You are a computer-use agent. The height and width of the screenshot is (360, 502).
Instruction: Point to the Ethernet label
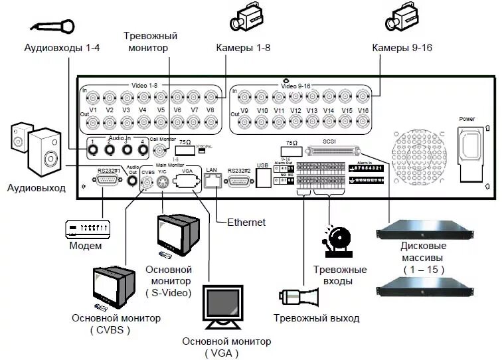[246, 222]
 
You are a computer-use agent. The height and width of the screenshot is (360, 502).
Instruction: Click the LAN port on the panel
[212, 181]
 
